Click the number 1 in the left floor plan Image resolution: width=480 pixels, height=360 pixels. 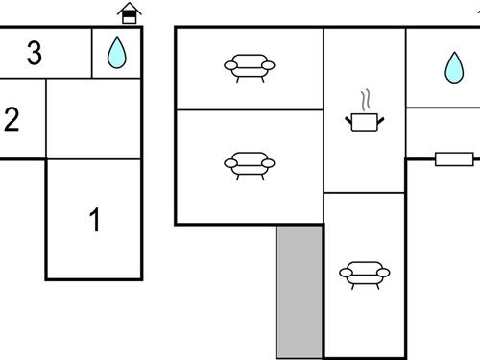(x=94, y=221)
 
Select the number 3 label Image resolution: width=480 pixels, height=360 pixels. (x=35, y=54)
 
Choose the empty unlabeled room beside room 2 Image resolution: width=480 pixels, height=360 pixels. (x=93, y=118)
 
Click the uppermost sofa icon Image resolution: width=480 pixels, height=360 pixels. (x=249, y=67)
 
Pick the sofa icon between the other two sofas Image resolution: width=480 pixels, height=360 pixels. (x=249, y=165)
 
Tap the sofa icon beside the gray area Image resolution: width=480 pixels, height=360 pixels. (x=365, y=275)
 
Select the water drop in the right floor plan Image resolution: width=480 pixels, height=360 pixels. (x=452, y=66)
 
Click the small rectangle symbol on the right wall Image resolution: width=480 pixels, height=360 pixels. (x=453, y=158)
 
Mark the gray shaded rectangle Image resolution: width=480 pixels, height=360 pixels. (x=300, y=291)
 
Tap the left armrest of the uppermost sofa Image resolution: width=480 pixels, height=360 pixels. (x=229, y=65)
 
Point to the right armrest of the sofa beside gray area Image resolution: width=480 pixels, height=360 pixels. (x=384, y=274)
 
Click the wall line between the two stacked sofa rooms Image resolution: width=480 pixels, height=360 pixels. (x=249, y=109)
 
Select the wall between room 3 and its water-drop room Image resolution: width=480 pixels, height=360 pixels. (x=92, y=53)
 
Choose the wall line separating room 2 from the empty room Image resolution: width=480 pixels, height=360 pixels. (x=45, y=118)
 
